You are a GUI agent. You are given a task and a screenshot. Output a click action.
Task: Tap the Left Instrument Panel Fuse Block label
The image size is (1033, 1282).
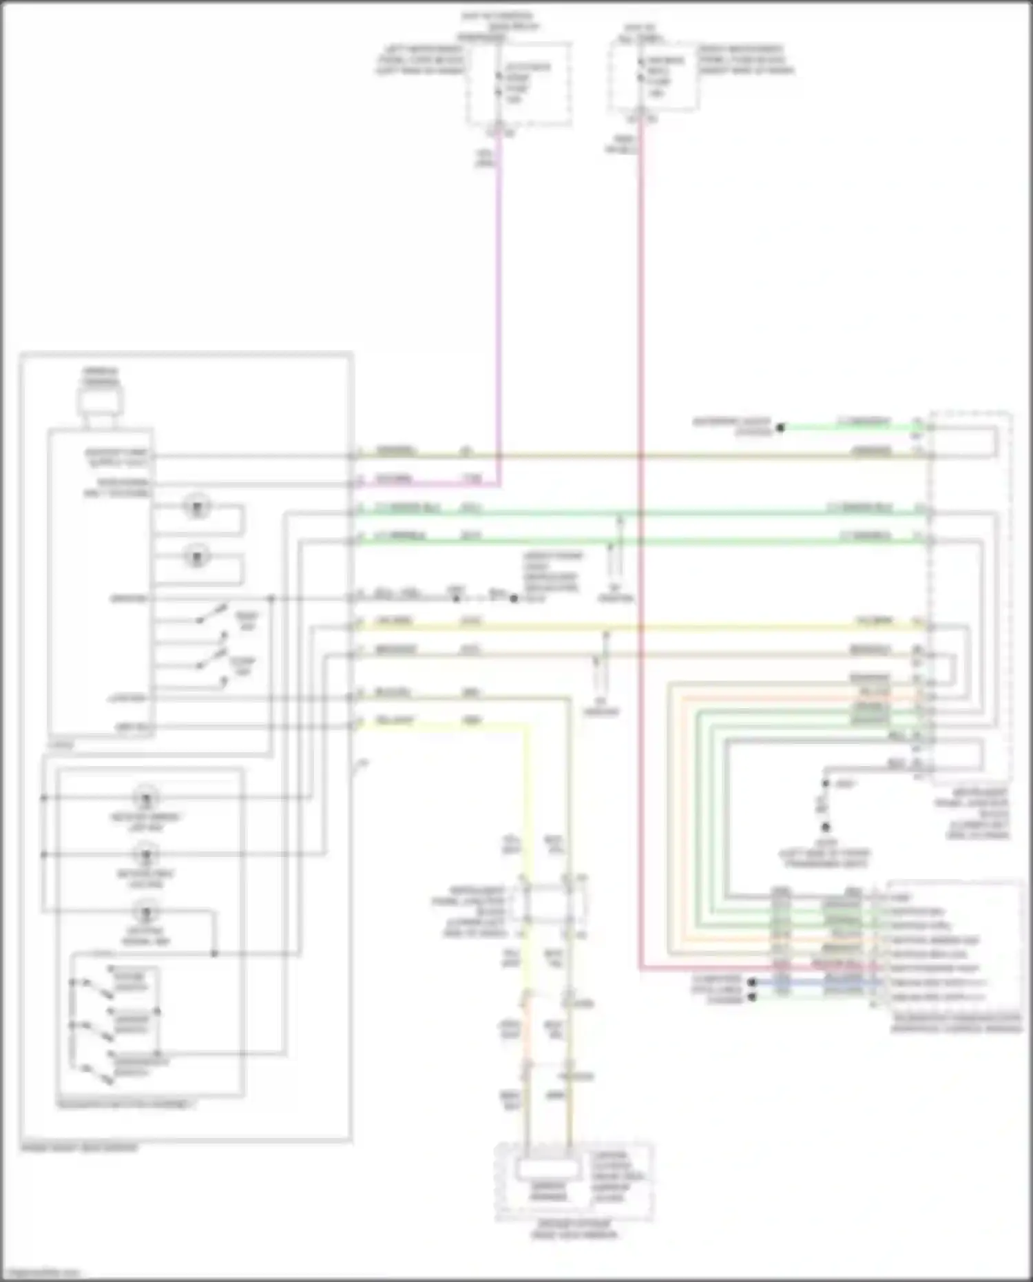(420, 60)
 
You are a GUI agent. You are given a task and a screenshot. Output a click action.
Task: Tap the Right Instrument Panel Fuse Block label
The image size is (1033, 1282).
(746, 60)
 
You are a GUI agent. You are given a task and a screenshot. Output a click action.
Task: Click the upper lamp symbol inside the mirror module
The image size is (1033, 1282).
(197, 508)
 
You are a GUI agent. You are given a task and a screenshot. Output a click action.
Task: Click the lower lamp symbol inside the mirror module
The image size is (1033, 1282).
(197, 555)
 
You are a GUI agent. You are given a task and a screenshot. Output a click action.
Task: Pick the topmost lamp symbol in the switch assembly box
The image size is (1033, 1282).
(146, 798)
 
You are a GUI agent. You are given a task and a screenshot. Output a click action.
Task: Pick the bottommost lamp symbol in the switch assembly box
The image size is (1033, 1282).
(146, 913)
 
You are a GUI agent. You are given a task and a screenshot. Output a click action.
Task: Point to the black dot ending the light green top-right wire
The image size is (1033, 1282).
(780, 428)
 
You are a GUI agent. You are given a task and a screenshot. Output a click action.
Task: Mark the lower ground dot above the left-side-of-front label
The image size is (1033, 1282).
(825, 827)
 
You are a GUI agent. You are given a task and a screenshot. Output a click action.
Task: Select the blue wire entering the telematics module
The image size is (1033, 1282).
(813, 983)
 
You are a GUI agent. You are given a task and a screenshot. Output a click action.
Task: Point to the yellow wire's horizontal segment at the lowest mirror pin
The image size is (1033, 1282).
(441, 725)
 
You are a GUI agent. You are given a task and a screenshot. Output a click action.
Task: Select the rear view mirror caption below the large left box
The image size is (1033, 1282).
(79, 1148)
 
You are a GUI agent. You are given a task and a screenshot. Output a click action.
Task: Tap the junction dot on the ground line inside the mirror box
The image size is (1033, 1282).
(271, 599)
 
